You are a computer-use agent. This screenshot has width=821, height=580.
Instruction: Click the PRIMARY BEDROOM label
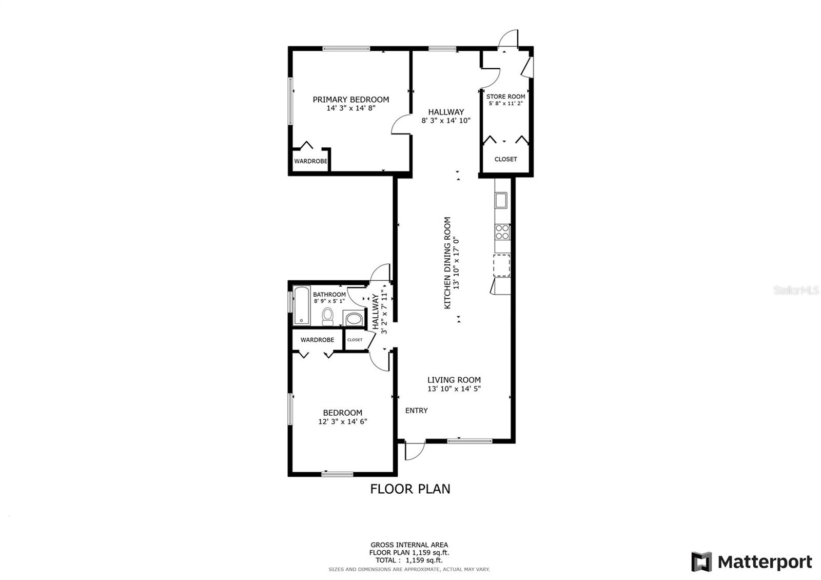coord(351,100)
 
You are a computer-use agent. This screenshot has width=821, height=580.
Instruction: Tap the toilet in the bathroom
coord(328,316)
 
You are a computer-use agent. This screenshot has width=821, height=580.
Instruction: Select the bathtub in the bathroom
coord(302,305)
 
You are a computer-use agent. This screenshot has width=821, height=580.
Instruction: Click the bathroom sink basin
coord(354,318)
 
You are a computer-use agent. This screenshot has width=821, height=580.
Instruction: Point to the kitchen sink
coord(501,201)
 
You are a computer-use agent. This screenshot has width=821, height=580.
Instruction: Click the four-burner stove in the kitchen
coord(502,232)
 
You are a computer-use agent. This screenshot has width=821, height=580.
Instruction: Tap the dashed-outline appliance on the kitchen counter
coord(502,265)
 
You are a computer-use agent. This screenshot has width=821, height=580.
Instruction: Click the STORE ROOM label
coord(506,96)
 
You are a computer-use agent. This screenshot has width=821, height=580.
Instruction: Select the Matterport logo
coord(752,562)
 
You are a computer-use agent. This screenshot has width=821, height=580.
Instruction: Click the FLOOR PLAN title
coord(410,489)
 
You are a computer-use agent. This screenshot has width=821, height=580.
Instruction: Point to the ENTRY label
coord(416,411)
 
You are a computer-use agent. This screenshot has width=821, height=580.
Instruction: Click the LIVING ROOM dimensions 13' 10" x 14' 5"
coord(454,389)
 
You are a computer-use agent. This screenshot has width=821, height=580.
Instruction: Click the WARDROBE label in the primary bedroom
coord(310,161)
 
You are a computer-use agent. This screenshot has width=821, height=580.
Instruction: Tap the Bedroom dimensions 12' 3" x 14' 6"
coord(343,421)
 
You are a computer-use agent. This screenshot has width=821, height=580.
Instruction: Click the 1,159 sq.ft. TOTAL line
coord(409,560)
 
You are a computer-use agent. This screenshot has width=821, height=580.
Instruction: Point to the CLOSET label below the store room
coord(506,159)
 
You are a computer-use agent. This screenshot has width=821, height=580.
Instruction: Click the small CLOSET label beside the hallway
coord(355,340)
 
